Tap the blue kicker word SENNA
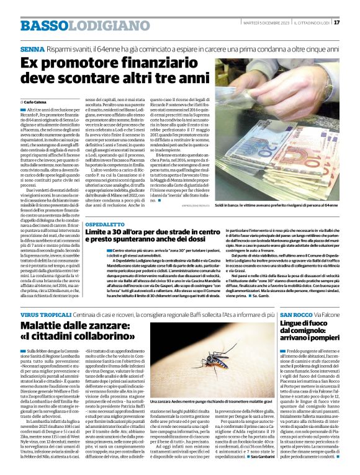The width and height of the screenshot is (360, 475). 29,48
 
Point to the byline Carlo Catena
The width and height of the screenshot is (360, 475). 37,100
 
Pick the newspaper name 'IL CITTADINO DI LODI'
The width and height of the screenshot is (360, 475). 312,23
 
